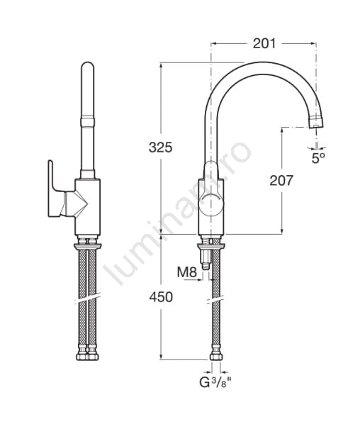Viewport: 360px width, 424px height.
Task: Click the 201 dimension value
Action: point(264,43)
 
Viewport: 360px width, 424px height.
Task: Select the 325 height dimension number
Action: point(161,147)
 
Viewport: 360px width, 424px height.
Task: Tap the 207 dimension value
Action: point(281,181)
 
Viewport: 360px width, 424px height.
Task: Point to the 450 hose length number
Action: point(161,297)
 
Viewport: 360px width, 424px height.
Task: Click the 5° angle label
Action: point(319,158)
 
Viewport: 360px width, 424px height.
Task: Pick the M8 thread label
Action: point(187,272)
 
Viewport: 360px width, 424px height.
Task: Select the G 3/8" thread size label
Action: point(215,383)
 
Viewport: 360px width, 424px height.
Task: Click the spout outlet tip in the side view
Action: point(316,122)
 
